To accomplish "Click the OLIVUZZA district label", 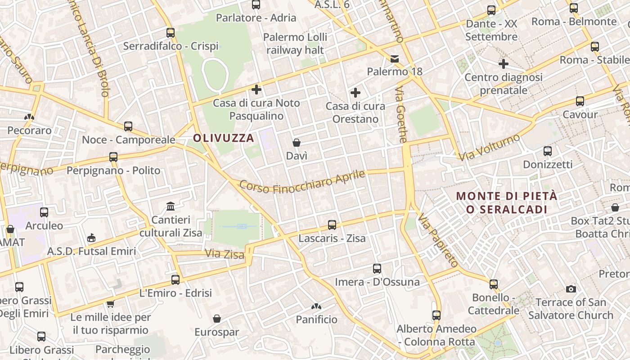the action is click(224, 138).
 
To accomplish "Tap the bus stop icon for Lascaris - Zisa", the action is click(332, 225).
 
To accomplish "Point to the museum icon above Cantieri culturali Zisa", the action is click(171, 207).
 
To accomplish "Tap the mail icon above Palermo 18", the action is click(395, 58).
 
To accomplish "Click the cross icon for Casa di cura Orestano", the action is click(355, 93).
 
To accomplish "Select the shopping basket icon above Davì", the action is click(297, 143).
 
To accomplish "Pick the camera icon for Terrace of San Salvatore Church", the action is click(571, 289).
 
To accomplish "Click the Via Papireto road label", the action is click(437, 241).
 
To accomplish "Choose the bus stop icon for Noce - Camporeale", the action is click(128, 126).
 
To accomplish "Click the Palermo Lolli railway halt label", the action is click(295, 43).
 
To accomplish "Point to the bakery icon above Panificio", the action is click(316, 306).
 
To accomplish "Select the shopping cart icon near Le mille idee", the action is click(110, 304).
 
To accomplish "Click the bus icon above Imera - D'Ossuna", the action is click(377, 269).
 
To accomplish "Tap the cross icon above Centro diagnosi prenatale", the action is click(504, 64).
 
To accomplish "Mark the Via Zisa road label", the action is click(225, 254).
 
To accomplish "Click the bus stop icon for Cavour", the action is click(580, 101).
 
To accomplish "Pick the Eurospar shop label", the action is click(217, 332).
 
